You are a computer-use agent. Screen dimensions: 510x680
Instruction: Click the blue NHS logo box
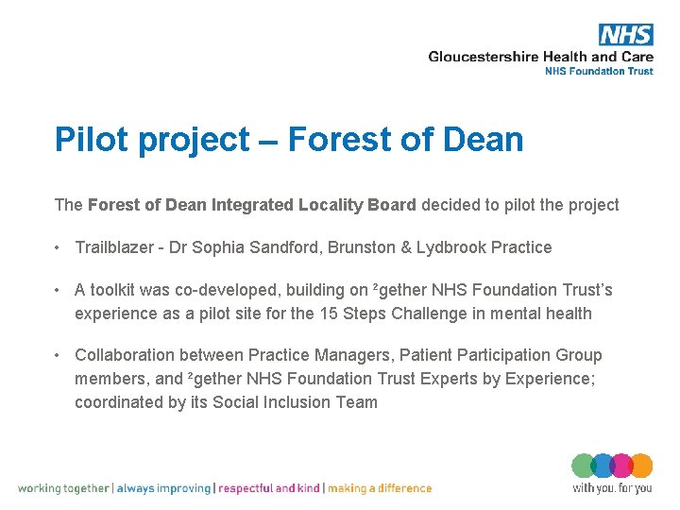coord(625,35)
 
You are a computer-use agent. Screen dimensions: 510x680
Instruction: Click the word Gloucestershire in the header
coord(484,57)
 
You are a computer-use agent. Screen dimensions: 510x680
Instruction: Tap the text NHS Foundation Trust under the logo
coord(599,72)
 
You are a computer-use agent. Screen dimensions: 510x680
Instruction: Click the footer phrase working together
coord(64,488)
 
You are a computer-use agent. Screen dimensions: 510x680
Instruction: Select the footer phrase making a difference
coord(380,488)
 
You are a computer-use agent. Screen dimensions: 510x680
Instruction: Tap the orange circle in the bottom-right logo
coord(640,467)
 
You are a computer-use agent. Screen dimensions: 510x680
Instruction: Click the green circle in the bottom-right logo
coord(583,467)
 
